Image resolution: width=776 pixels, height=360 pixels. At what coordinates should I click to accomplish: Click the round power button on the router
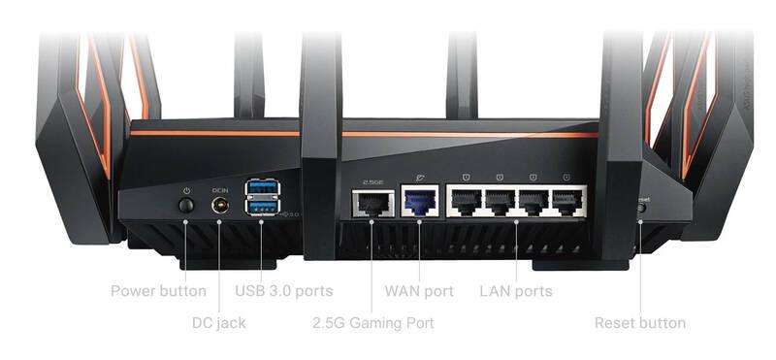(185, 206)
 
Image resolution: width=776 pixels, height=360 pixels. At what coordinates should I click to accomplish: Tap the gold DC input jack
(218, 206)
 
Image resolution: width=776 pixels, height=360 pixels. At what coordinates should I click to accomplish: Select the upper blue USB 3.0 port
(260, 187)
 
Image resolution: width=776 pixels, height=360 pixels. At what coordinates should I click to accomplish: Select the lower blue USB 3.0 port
(260, 208)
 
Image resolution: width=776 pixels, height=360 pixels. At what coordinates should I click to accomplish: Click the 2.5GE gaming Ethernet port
(372, 204)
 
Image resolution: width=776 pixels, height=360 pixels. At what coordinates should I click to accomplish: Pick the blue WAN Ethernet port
(418, 204)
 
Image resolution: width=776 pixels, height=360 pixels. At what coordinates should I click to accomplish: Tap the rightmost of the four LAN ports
(565, 204)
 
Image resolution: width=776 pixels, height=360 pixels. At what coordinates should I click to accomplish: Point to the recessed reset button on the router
(641, 208)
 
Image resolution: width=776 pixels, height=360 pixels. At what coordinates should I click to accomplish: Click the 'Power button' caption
(158, 290)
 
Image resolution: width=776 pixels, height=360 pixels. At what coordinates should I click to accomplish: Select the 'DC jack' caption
(218, 322)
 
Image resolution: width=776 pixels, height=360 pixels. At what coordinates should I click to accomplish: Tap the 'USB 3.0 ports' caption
(284, 290)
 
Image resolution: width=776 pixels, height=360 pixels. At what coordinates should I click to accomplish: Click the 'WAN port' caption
(419, 290)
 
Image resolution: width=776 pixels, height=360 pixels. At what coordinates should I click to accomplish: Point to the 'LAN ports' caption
(516, 290)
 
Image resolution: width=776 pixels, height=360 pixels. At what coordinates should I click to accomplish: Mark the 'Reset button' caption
(640, 322)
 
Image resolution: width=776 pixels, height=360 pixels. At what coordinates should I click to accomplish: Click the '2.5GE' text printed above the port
(372, 180)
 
